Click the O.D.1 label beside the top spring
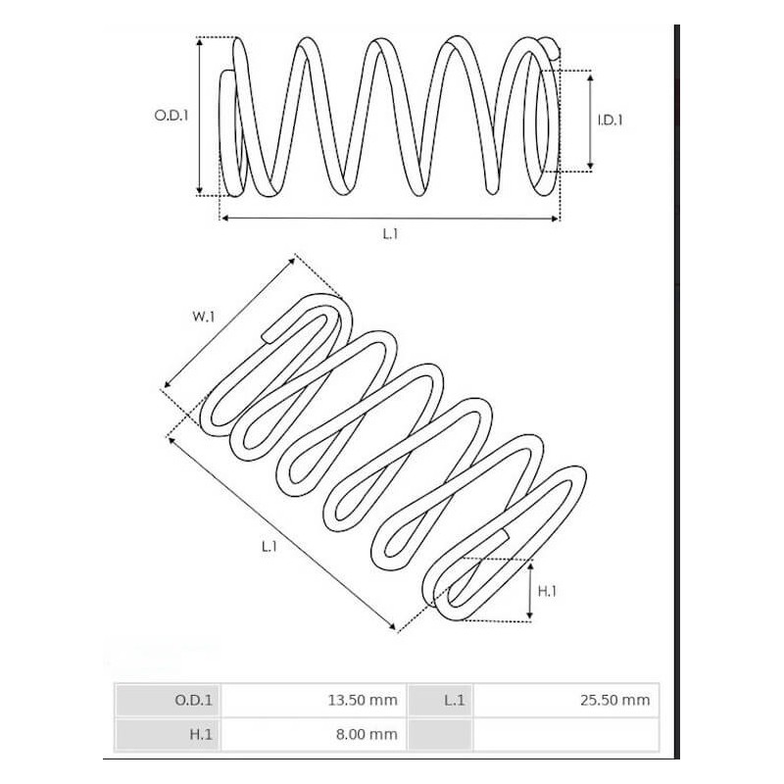coord(171,115)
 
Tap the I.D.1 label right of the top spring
coord(611,121)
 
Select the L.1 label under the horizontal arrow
coord(390,233)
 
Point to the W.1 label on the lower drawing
coord(204,316)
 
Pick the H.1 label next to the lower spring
coord(548,590)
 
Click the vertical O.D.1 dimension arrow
coord(200,116)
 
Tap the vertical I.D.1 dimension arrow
coord(590,121)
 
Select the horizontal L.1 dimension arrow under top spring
coord(390,218)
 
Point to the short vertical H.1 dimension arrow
coord(530,590)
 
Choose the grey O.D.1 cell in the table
coord(168,700)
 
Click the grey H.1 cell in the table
coord(168,734)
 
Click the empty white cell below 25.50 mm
coord(566,734)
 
